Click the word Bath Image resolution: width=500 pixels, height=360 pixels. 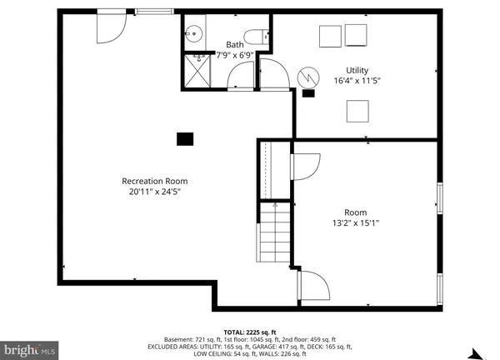coord(236,45)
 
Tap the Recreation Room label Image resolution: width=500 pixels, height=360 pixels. coord(154,181)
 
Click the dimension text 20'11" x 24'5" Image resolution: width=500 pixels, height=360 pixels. coord(154,192)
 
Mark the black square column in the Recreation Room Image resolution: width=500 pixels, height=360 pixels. coord(184,139)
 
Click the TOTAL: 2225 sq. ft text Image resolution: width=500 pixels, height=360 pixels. coord(250,332)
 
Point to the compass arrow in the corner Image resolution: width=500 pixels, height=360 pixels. coord(477,352)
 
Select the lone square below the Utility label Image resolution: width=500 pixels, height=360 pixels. coord(358,110)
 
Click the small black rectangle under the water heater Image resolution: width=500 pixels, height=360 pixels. coord(309,93)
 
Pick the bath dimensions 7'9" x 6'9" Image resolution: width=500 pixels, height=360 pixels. coord(236,56)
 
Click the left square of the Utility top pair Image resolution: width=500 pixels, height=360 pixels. coord(330,36)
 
